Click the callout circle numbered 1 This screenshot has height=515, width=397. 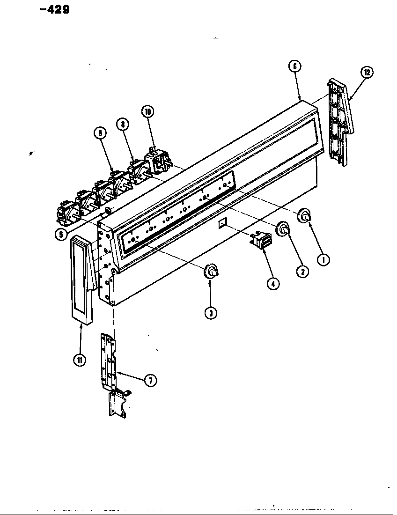[323, 259]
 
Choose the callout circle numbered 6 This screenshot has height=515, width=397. [294, 67]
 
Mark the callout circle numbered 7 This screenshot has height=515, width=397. [150, 381]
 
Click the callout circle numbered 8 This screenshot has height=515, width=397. [123, 125]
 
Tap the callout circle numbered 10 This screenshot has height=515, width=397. [147, 111]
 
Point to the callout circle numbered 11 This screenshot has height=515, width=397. [80, 360]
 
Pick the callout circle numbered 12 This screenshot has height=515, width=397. [367, 73]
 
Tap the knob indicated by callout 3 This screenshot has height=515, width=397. [211, 271]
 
